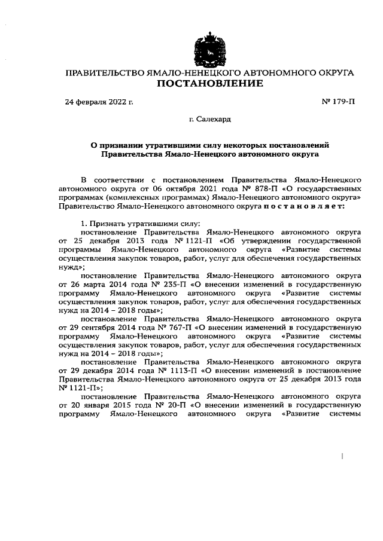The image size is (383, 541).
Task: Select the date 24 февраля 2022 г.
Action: [x=99, y=102]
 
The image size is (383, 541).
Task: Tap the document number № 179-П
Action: [x=338, y=102]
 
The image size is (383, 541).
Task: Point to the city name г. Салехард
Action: [x=209, y=120]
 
